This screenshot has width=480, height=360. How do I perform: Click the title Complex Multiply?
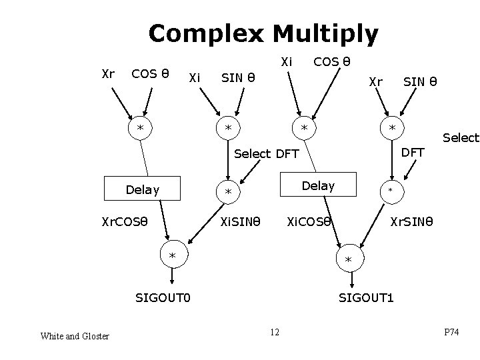263,33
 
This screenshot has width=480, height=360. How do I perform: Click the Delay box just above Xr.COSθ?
143,190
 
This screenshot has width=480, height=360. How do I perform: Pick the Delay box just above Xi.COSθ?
318,185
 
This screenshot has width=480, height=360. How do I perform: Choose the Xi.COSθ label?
309,221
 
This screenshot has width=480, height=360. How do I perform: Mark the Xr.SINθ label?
412,221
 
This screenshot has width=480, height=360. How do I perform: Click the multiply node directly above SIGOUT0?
172,256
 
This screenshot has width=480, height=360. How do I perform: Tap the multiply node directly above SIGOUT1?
347,259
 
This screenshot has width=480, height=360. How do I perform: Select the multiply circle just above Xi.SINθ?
228,193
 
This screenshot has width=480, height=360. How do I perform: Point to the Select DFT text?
267,154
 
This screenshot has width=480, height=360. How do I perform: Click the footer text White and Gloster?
75,336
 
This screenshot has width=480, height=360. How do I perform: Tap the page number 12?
275,332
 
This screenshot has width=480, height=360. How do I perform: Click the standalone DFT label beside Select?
413,152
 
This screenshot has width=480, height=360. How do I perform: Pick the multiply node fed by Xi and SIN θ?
228,127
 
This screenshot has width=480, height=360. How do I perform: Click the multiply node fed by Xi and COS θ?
304,127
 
